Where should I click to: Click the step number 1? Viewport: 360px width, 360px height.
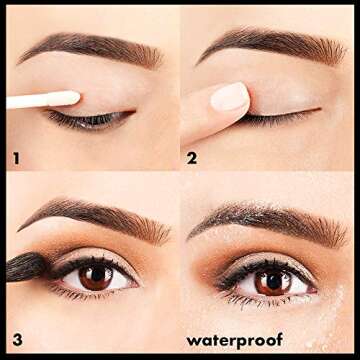[x=14, y=156]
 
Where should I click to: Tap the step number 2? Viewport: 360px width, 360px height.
[x=192, y=157]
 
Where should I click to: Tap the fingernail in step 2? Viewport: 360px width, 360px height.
[x=230, y=96]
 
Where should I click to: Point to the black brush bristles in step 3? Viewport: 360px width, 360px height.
[x=24, y=265]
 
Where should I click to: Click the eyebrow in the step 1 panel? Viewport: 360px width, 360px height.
[x=90, y=46]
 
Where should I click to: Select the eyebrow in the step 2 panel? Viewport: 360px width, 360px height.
[x=270, y=44]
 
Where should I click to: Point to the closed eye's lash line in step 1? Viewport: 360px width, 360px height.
[x=90, y=119]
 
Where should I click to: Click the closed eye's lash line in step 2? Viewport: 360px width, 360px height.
[x=280, y=116]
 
